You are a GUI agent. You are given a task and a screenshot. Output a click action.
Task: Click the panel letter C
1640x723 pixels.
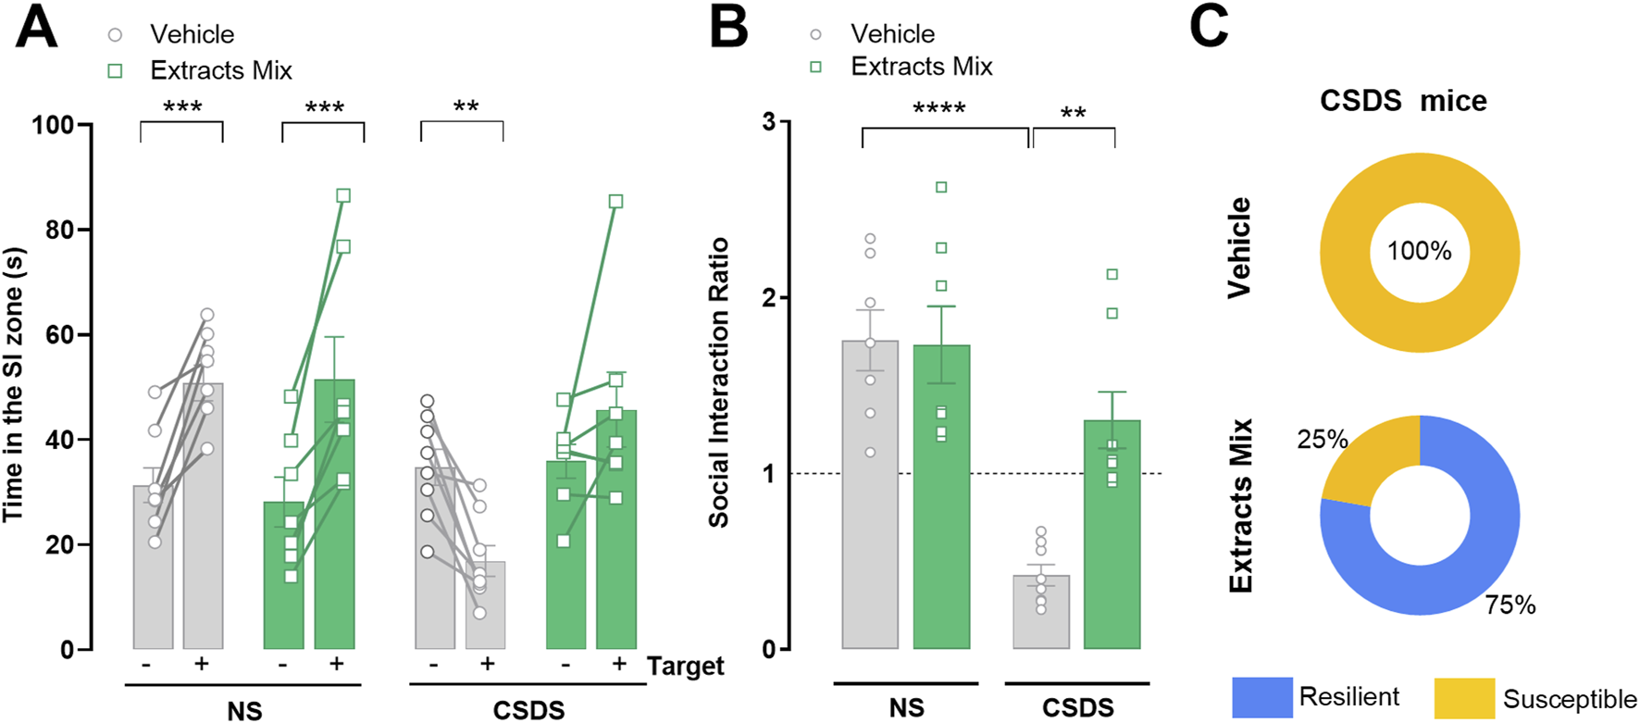pyautogui.click(x=1209, y=28)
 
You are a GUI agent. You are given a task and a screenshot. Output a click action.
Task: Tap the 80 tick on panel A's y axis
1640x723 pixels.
pyautogui.click(x=60, y=230)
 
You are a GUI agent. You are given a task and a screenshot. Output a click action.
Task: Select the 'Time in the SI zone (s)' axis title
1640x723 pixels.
pyautogui.click(x=14, y=384)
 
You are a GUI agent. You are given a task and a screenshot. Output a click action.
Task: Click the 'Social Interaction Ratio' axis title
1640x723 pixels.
pyautogui.click(x=719, y=382)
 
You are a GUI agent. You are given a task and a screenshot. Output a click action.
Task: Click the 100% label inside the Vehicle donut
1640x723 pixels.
pyautogui.click(x=1419, y=252)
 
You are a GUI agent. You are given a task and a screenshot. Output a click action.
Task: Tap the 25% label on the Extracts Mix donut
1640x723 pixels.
pyautogui.click(x=1322, y=439)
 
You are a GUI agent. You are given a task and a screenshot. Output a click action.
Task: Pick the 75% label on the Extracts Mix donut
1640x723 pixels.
pyautogui.click(x=1510, y=605)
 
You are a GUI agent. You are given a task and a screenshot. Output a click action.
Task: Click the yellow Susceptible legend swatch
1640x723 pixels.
pyautogui.click(x=1464, y=698)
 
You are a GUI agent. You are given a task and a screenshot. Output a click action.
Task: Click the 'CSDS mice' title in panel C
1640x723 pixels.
pyautogui.click(x=1402, y=100)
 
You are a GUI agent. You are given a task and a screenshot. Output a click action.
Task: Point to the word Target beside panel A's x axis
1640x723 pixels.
pyautogui.click(x=685, y=667)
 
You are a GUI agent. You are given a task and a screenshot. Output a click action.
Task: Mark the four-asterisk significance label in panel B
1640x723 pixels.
pyautogui.click(x=938, y=109)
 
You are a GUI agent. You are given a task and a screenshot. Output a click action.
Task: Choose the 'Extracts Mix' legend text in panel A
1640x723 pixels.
pyautogui.click(x=220, y=70)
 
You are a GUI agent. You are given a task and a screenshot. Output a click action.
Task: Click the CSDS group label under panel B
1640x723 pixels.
pyautogui.click(x=1077, y=708)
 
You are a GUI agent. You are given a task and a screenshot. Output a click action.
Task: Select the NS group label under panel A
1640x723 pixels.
pyautogui.click(x=244, y=710)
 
